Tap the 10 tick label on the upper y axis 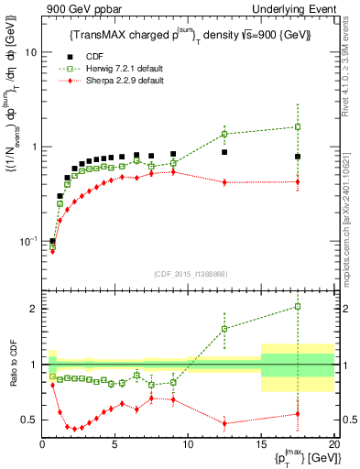click(30, 52)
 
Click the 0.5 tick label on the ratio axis click(28, 420)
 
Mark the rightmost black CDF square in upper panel click(297, 157)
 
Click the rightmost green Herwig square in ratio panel click(297, 307)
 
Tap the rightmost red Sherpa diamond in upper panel click(297, 181)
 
